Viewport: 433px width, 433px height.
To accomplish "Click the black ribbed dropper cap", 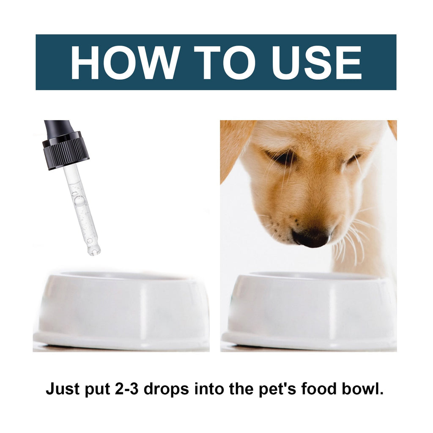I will [66, 151].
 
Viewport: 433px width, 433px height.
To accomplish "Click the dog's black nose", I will [311, 237].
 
